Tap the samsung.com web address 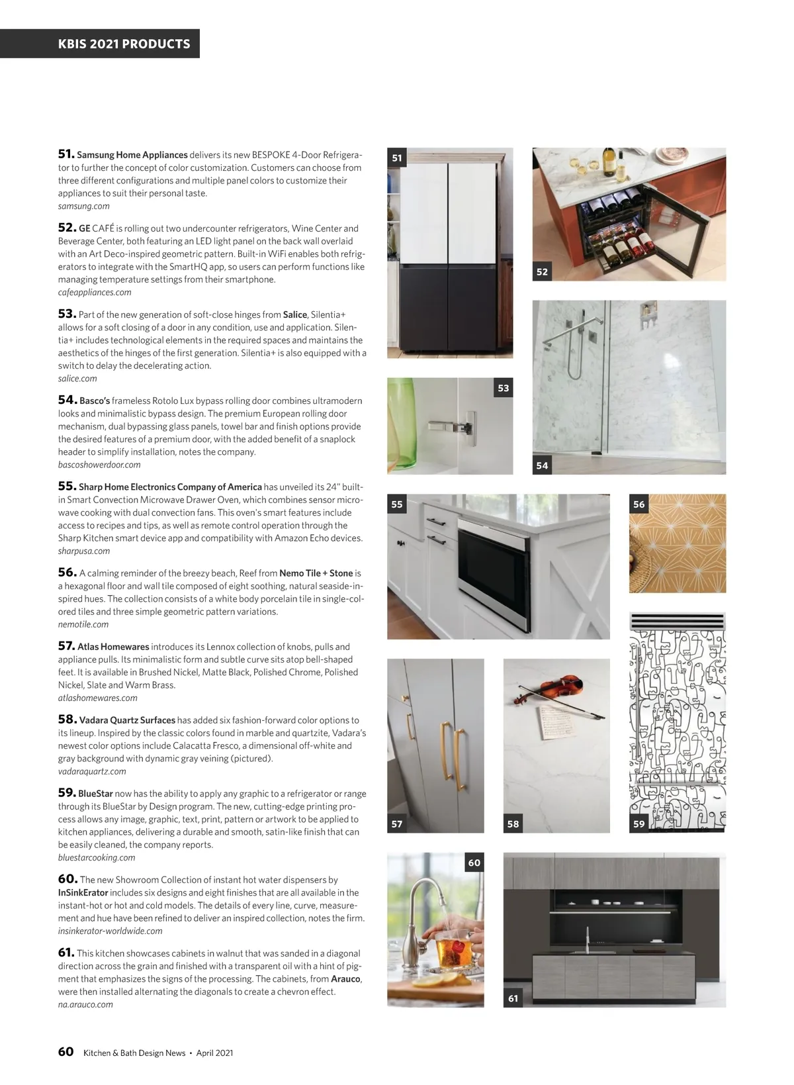(x=84, y=206)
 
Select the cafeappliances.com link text (x=95, y=292)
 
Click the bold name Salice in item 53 (x=295, y=314)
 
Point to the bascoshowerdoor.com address (x=99, y=465)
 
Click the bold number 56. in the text (x=67, y=573)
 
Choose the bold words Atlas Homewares (x=113, y=647)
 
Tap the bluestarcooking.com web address (x=97, y=857)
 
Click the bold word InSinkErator (x=83, y=892)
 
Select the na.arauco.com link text (x=85, y=1004)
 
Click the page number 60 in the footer (x=66, y=1052)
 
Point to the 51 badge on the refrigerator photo (x=397, y=158)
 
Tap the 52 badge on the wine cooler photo (x=543, y=271)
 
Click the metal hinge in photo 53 (x=457, y=426)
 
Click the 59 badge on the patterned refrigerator (x=639, y=824)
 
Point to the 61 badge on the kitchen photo (x=513, y=998)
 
